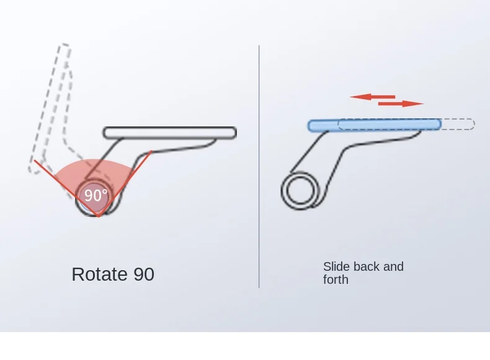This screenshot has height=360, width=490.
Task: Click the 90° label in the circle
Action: click(x=96, y=195)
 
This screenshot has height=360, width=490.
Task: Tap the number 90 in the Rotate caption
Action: click(x=143, y=274)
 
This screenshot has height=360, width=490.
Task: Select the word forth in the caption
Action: click(x=336, y=279)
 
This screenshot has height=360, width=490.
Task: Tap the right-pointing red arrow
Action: click(x=401, y=103)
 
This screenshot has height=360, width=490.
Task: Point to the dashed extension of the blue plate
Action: click(x=458, y=124)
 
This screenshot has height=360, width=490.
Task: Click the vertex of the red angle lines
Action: click(x=98, y=216)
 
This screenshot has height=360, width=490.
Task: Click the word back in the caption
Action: click(x=366, y=266)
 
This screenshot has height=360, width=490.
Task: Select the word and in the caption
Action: click(x=393, y=266)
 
